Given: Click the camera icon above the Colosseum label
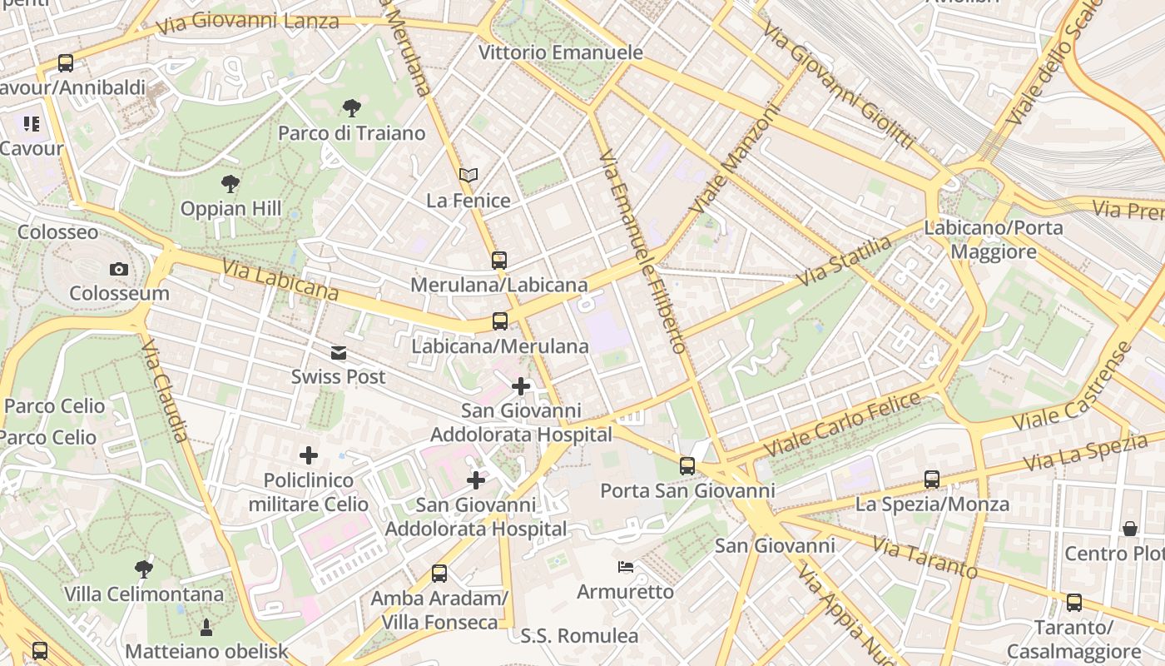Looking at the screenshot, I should (118, 269).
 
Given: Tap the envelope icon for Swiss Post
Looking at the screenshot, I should (338, 353).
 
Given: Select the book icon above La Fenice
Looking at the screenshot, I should (468, 176).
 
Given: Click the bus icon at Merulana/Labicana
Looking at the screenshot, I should (498, 261).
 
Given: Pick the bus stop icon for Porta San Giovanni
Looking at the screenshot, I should (687, 466).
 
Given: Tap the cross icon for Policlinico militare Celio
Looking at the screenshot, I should (309, 455).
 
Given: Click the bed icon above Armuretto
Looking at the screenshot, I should (626, 567).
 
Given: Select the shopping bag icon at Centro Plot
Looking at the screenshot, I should (1129, 529).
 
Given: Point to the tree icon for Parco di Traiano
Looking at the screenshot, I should (351, 107).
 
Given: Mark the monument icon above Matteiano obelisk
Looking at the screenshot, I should (206, 627).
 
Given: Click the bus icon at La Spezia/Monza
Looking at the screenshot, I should (931, 480).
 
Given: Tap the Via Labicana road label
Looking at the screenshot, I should (280, 279).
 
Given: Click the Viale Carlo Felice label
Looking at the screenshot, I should (842, 424).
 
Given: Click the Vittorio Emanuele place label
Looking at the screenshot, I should (560, 52).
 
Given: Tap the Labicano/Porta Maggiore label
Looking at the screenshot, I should (993, 240).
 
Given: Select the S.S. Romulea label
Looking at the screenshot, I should (579, 636).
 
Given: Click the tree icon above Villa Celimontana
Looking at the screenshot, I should (144, 569).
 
